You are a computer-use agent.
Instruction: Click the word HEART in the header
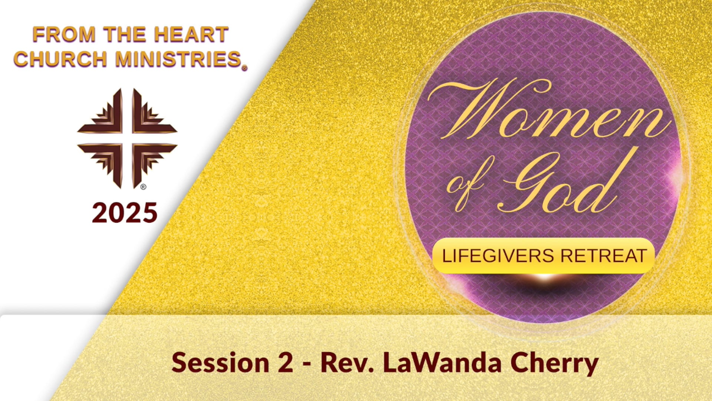191,35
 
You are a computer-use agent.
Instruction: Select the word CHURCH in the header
60,59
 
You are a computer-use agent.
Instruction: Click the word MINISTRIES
179,59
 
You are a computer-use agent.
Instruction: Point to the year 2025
125,213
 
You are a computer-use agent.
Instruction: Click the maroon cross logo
127,138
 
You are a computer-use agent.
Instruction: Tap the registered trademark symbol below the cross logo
143,187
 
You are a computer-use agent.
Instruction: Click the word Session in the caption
220,363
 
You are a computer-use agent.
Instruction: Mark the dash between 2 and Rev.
307,364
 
